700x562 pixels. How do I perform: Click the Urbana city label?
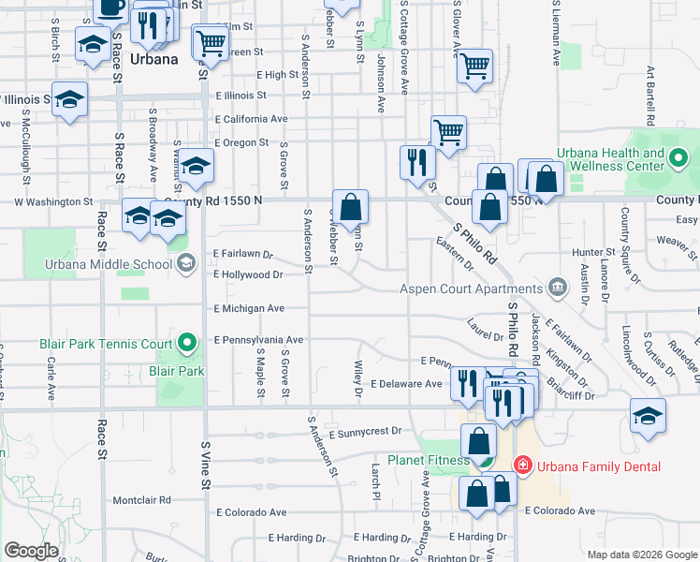pyautogui.click(x=154, y=58)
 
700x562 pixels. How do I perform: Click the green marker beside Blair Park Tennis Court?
pyautogui.click(x=187, y=344)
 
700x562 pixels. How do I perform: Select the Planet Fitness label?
pyautogui.click(x=429, y=460)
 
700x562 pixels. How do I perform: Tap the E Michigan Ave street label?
pyautogui.click(x=249, y=308)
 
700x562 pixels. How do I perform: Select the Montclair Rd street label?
pyautogui.click(x=141, y=500)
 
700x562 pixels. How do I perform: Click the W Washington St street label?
pyautogui.click(x=53, y=201)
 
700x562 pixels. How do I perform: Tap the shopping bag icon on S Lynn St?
pyautogui.click(x=350, y=206)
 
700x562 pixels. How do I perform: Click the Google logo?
pyautogui.click(x=31, y=551)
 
